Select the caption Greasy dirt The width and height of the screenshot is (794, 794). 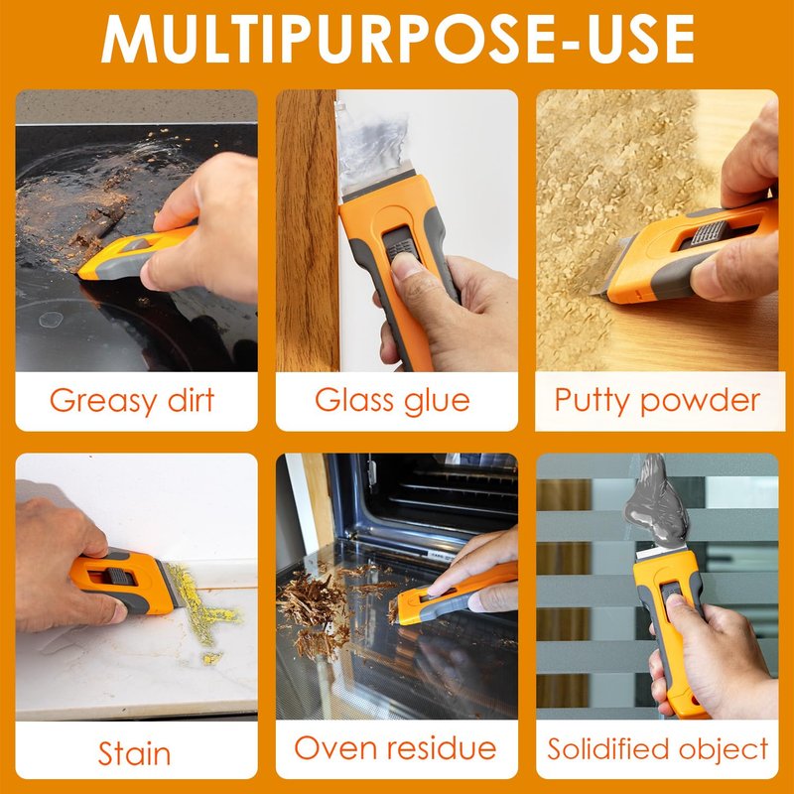coord(132,401)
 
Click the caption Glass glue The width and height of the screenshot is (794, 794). coord(392,401)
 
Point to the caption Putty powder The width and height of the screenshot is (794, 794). coord(657,401)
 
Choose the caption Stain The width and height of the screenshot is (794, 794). coord(134,753)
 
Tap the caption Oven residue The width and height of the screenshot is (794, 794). coord(395,748)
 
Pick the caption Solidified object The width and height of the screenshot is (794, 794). coord(657,749)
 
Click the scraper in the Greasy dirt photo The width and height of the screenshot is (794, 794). coord(137,252)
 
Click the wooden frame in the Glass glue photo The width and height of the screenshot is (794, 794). coord(307,230)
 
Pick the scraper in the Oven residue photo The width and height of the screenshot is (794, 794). coord(454,594)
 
